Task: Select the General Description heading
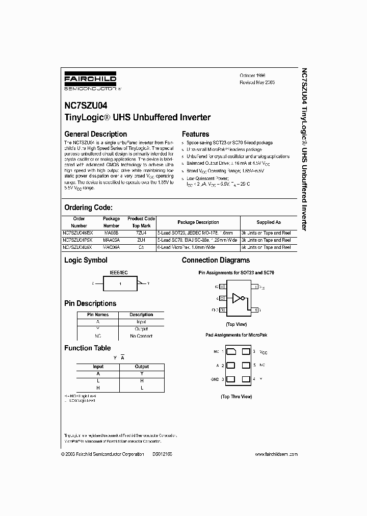click(95, 134)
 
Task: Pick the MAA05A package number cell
click(111, 240)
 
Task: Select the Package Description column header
click(198, 222)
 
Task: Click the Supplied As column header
click(268, 222)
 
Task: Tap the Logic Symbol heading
click(86, 260)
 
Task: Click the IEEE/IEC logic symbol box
click(120, 283)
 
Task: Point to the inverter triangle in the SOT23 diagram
click(237, 298)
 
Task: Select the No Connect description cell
click(141, 336)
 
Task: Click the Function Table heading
click(87, 348)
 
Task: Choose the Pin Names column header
click(98, 315)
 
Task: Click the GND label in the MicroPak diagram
click(215, 379)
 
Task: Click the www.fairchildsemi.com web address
click(276, 454)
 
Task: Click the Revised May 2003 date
click(257, 82)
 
